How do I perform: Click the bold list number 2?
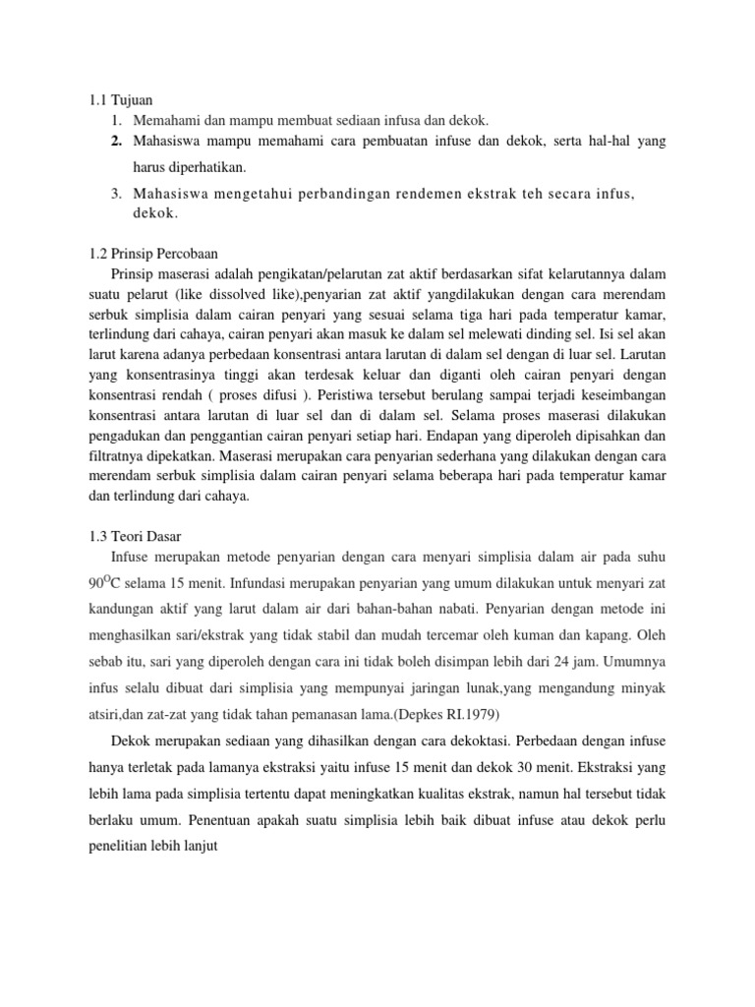pyautogui.click(x=116, y=142)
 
